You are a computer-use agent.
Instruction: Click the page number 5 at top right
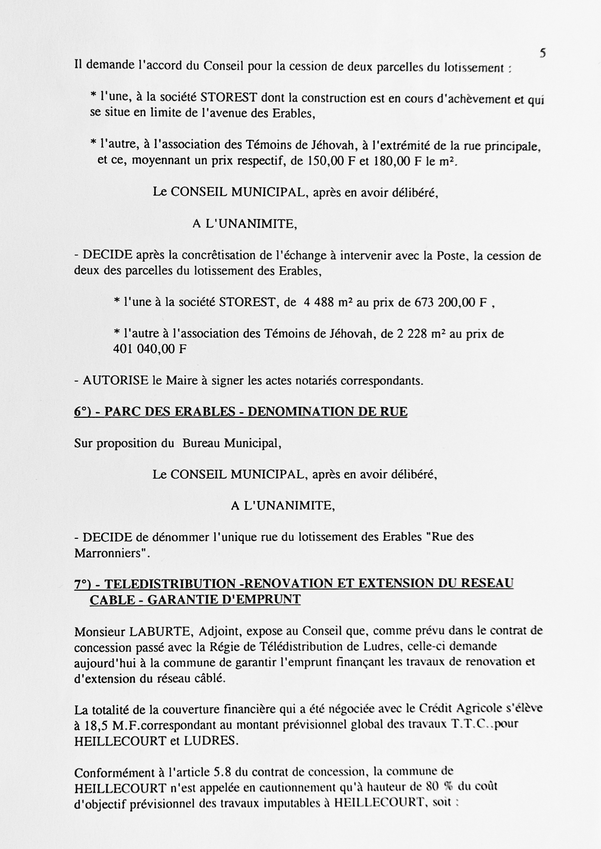coord(542,54)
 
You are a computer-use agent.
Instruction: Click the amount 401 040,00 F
coord(150,349)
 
